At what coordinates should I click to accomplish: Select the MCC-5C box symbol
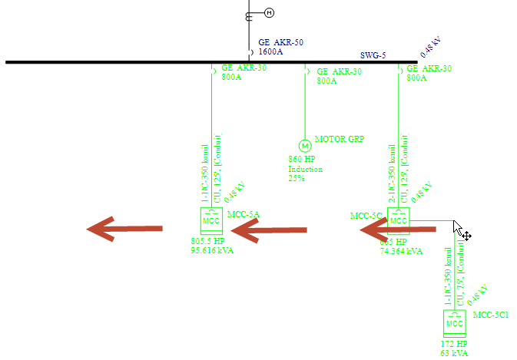[398, 220]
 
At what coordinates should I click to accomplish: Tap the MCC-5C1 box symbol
[455, 323]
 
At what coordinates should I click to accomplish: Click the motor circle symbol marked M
[304, 146]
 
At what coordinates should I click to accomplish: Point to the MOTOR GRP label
[340, 139]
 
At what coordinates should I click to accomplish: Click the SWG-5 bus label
[373, 55]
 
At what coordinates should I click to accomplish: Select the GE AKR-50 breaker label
[280, 43]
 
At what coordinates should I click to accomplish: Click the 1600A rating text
[270, 52]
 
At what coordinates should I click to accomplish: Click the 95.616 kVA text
[212, 250]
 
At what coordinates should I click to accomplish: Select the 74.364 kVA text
[401, 251]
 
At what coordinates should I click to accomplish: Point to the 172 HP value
[453, 344]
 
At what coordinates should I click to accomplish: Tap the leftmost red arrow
[124, 228]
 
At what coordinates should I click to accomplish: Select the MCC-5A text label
[244, 214]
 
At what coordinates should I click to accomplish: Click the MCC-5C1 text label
[491, 315]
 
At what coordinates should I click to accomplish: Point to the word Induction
[306, 169]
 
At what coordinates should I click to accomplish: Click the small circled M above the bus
[269, 12]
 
